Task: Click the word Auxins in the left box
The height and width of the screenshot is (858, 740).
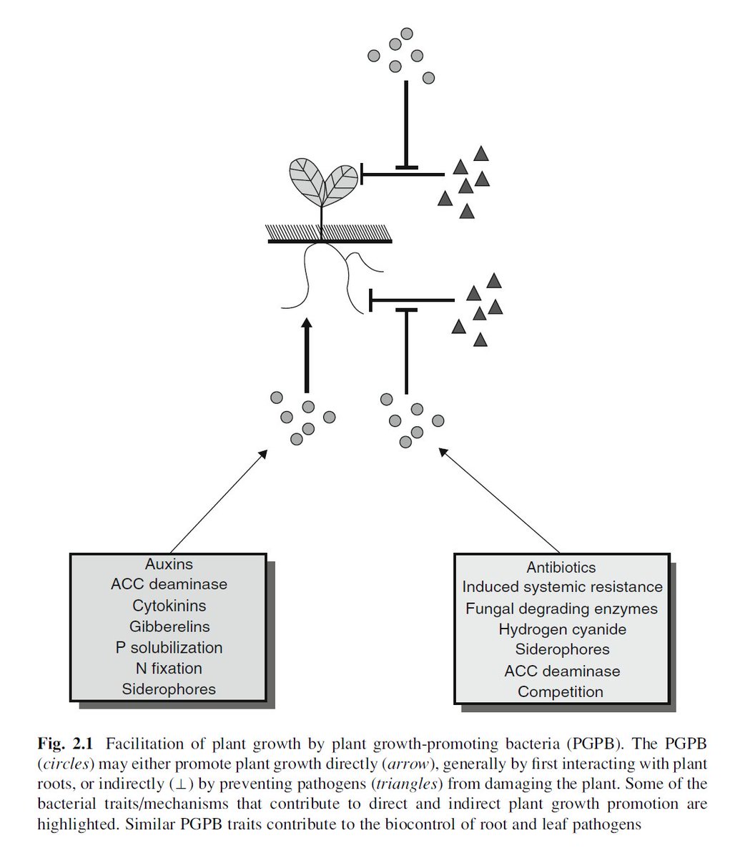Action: [169, 564]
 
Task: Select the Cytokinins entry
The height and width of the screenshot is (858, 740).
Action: [169, 606]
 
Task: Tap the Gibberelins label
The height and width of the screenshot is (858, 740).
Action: [169, 626]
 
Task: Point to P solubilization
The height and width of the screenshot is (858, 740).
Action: [169, 648]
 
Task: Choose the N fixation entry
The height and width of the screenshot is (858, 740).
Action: [169, 669]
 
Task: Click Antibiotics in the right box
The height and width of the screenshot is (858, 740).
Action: [561, 568]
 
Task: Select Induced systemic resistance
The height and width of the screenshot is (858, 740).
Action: [562, 587]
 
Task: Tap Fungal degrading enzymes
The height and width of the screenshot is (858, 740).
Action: [561, 609]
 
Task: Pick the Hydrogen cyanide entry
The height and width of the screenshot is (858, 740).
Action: [562, 630]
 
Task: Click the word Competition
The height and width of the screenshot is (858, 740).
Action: [561, 692]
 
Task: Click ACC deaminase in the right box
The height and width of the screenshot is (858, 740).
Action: [562, 671]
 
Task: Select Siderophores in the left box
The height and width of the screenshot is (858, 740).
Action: [169, 690]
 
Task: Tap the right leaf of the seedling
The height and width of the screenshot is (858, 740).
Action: [341, 182]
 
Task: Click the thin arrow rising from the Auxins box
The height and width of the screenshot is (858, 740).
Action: [218, 501]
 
